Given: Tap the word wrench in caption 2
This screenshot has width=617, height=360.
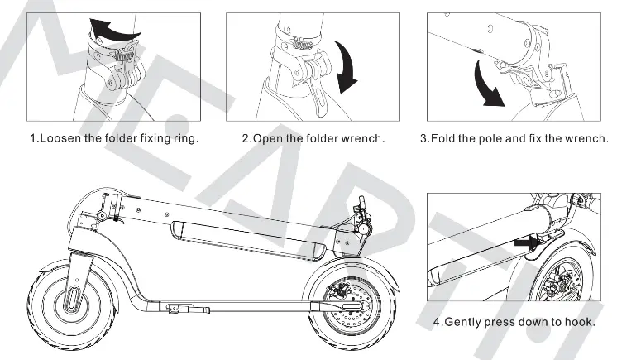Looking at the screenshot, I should point(363,137).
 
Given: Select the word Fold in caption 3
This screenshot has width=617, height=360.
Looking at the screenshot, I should point(443,137).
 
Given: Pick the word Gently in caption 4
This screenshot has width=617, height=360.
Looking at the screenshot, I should point(466,321).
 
